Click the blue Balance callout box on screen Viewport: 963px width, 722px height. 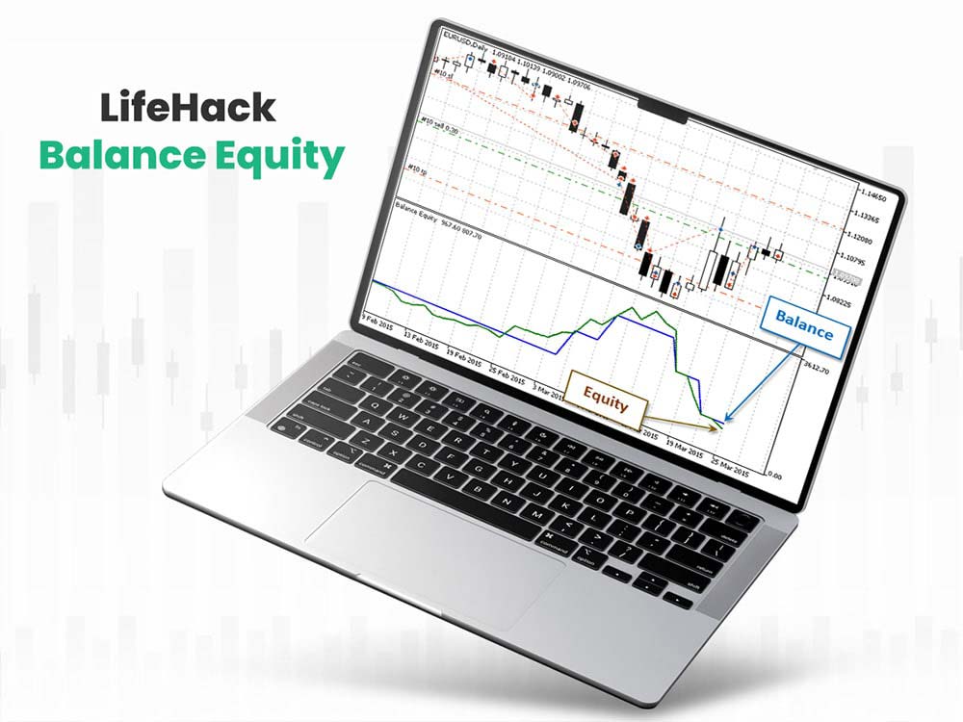[804, 330]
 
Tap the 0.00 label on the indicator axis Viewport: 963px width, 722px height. [773, 477]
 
